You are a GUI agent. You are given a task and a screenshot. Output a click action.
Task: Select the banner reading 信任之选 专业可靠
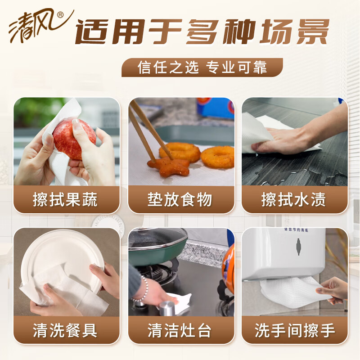click(202, 67)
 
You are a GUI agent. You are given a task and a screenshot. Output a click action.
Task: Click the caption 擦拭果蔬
click(67, 200)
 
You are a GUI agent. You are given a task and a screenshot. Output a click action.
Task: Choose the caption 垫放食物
click(181, 200)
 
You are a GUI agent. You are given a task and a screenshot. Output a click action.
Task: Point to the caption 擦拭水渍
click(295, 200)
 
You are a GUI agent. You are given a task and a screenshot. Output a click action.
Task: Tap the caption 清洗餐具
click(67, 331)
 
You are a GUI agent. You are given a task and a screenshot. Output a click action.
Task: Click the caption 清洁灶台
click(181, 331)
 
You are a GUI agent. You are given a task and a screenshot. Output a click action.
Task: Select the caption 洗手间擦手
click(295, 331)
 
